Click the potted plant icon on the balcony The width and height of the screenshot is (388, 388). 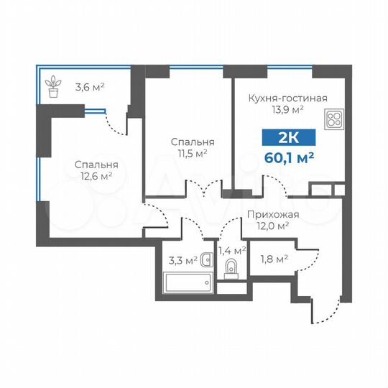pyautogui.click(x=52, y=88)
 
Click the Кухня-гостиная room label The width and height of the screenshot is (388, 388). pyautogui.click(x=287, y=98)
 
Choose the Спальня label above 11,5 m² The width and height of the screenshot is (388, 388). pyautogui.click(x=192, y=142)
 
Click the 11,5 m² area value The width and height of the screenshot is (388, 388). pyautogui.click(x=192, y=153)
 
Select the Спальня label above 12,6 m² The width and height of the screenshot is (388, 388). pyautogui.click(x=96, y=165)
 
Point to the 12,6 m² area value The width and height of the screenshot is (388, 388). pyautogui.click(x=96, y=176)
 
